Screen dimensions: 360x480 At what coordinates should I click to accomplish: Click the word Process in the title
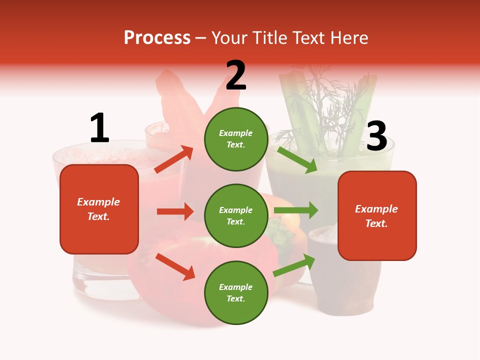tap(157, 38)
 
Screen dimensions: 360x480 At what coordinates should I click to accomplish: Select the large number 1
tap(99, 128)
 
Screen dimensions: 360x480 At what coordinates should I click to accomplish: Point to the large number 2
tap(235, 75)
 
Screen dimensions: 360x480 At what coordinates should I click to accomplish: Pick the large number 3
tap(376, 136)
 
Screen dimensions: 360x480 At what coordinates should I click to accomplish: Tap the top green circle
tap(235, 139)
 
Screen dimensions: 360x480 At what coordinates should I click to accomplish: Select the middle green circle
tap(235, 215)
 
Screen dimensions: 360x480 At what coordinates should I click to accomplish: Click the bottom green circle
tap(235, 292)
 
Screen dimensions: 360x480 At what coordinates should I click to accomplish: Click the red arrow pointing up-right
tap(174, 159)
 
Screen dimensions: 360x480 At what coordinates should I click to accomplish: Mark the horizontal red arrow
tap(175, 211)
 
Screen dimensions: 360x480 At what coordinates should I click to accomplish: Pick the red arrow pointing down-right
tap(175, 266)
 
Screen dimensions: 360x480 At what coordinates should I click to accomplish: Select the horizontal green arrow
tap(295, 210)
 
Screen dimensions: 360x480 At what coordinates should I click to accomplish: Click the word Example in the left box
tap(98, 202)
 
